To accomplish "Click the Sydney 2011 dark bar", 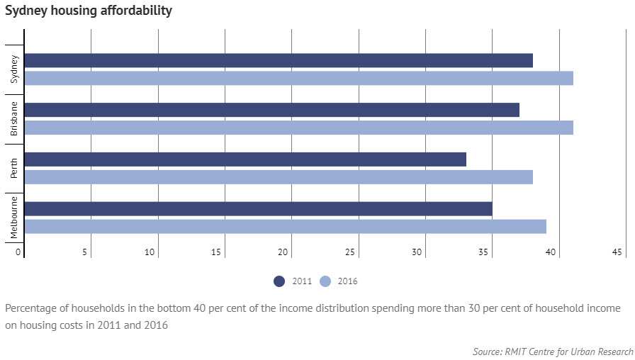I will (x=279, y=60).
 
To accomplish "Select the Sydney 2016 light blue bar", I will (x=298, y=78).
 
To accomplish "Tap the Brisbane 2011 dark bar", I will (x=272, y=110).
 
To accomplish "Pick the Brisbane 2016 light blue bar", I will (x=298, y=128).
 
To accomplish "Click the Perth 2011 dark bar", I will (x=245, y=159).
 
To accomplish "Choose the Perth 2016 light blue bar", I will (x=279, y=177).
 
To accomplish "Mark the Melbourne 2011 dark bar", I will (x=259, y=209).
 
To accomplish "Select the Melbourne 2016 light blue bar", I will (x=285, y=226).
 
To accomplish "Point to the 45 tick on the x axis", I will (x=617, y=252).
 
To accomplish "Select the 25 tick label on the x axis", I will (x=350, y=252).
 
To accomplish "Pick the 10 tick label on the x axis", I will (x=150, y=252).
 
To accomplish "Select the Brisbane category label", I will (x=15, y=118).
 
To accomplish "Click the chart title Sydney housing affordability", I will (x=88, y=11).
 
